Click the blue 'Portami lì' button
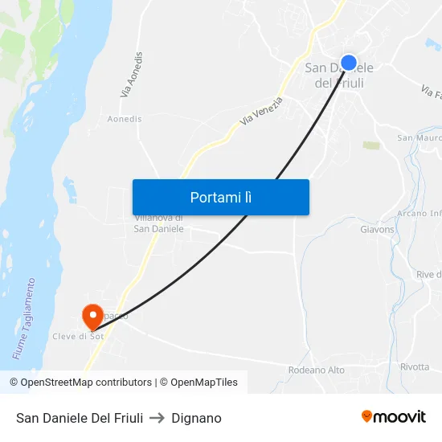(220, 197)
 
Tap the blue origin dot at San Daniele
(349, 63)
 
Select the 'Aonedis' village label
(125, 119)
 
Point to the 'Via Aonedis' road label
(133, 76)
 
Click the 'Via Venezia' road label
(261, 112)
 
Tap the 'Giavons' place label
(378, 229)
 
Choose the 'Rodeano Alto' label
(317, 370)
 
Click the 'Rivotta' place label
(415, 367)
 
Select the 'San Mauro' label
(419, 138)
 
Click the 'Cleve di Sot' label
(78, 336)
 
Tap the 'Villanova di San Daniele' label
(158, 223)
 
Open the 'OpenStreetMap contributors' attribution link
(80, 383)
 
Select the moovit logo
(394, 417)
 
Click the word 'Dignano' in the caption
(196, 418)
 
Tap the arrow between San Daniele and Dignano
(157, 418)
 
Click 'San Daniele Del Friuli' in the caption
(80, 418)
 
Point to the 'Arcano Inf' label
(419, 213)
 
